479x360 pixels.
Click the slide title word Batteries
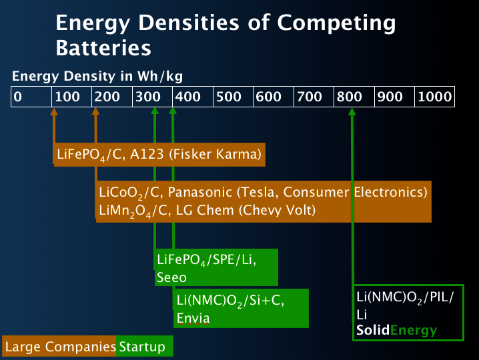pos(103,48)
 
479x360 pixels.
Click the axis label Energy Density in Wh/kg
pos(97,76)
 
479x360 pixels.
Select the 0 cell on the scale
pos(18,97)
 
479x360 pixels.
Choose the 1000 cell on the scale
pos(434,97)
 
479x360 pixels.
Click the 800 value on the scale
pos(350,97)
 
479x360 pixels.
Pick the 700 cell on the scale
pos(310,97)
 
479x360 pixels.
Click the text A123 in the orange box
pos(149,155)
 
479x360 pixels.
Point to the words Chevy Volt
pos(276,211)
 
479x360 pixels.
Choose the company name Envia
pos(193,318)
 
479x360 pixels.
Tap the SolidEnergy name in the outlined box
pos(397,330)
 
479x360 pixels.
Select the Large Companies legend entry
pos(60,347)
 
